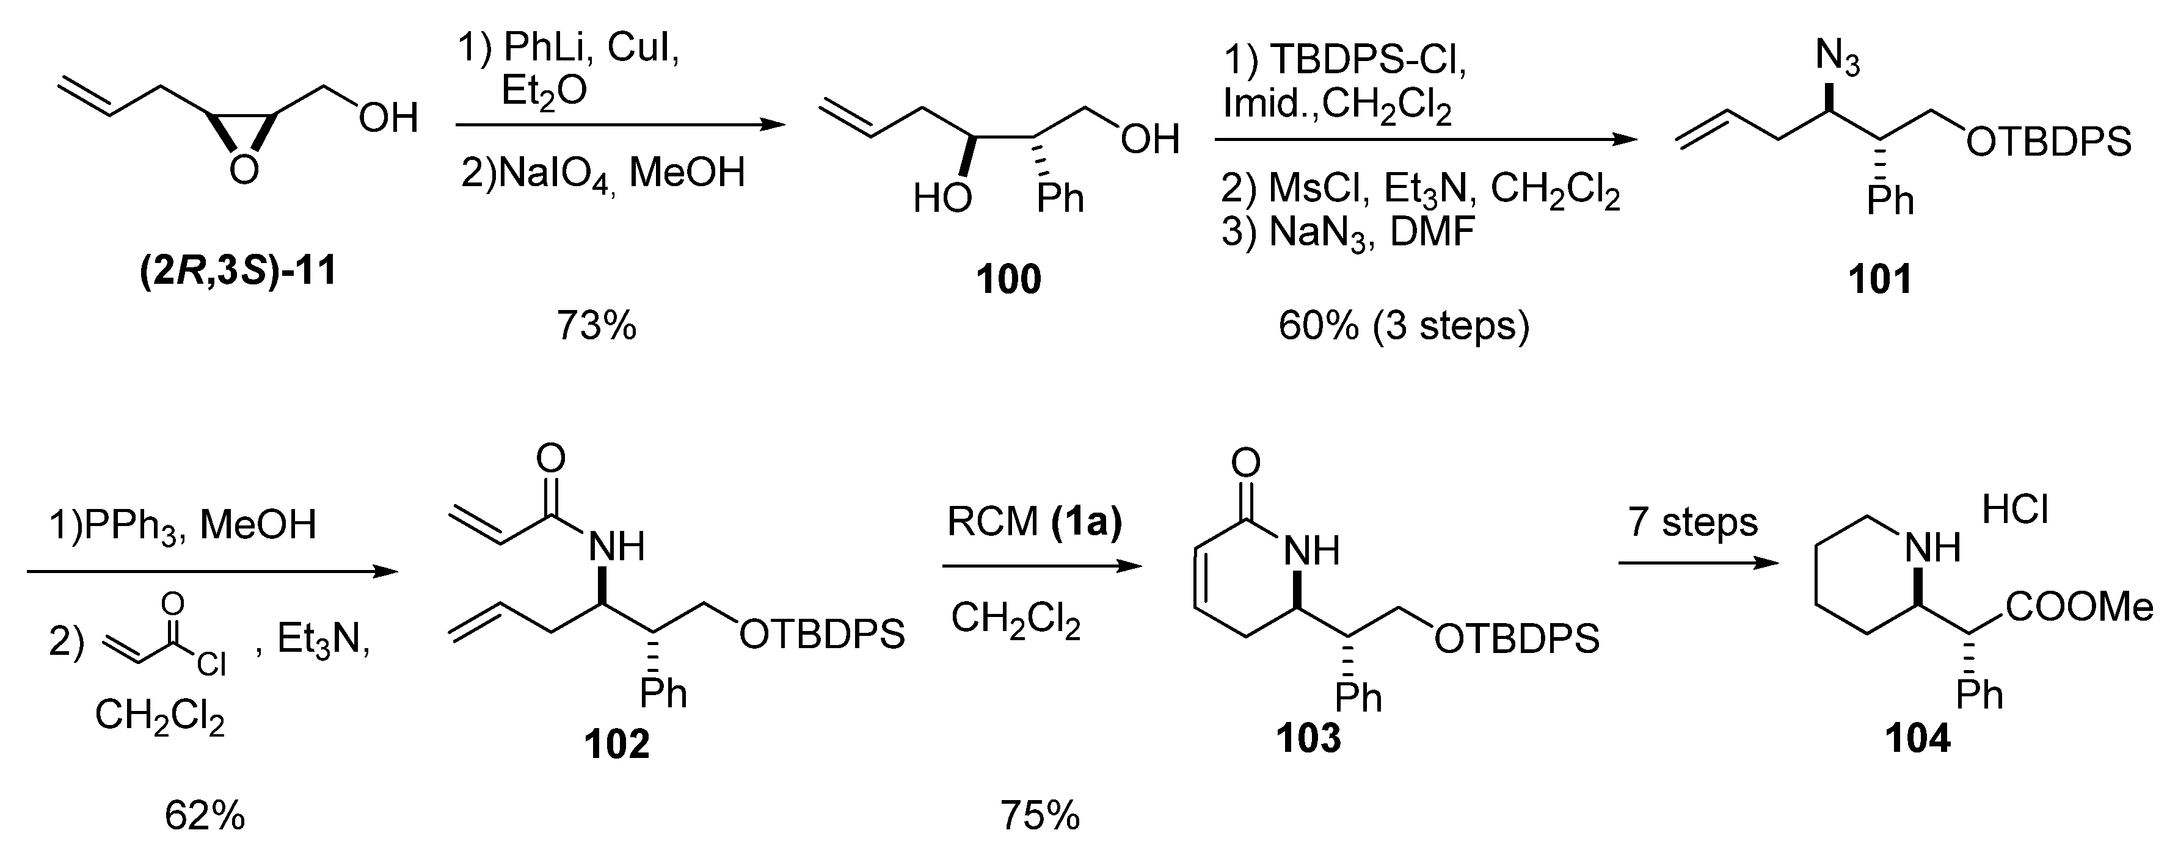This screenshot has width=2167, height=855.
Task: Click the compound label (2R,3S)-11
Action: pos(238,272)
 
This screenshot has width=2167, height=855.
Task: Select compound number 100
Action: pos(1008,279)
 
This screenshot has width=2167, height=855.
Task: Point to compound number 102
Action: pos(617,745)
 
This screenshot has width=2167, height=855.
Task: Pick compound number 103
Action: pos(1308,738)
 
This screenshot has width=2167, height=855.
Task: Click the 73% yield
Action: pos(597,325)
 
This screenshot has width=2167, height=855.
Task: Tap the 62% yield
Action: pos(205,815)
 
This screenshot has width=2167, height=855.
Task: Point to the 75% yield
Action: pos(1040,815)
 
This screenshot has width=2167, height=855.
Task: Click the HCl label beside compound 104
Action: pos(2015,510)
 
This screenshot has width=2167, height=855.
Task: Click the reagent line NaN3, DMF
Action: pos(1347,232)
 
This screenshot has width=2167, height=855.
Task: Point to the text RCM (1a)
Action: pos(1034,522)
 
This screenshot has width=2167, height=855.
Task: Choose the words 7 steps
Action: pos(1692,522)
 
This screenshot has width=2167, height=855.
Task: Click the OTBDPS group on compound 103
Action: pos(1517,640)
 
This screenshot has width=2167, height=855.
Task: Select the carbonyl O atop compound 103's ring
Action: pos(1246,461)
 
